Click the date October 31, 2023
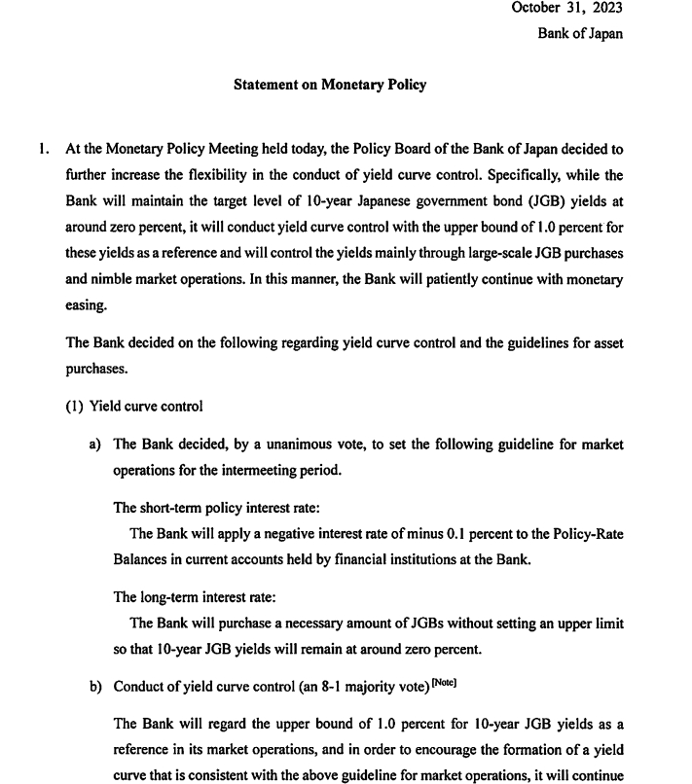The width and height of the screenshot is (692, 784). pyautogui.click(x=566, y=8)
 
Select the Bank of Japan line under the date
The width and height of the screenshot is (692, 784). pyautogui.click(x=580, y=33)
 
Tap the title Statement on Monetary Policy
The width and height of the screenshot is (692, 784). pyautogui.click(x=330, y=85)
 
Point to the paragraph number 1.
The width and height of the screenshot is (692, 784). pyautogui.click(x=43, y=150)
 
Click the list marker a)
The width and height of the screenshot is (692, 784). pyautogui.click(x=95, y=445)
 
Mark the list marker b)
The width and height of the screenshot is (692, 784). pyautogui.click(x=95, y=686)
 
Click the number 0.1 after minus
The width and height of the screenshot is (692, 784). pyautogui.click(x=459, y=533)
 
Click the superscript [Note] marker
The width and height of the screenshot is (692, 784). pyautogui.click(x=442, y=683)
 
